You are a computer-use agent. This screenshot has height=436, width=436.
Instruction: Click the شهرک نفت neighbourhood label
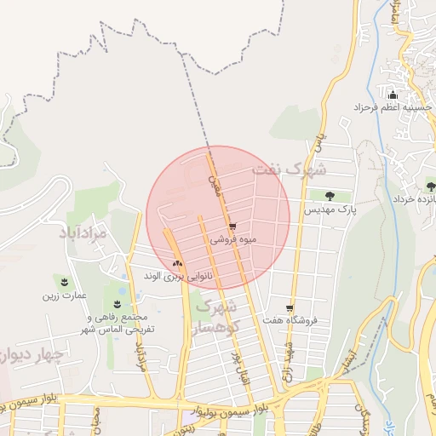click(290, 169)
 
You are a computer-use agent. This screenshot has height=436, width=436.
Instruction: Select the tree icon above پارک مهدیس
click(329, 195)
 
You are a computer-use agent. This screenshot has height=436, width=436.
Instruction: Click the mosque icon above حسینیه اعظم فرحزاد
click(392, 95)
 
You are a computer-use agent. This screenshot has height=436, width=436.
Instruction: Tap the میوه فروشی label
click(232, 240)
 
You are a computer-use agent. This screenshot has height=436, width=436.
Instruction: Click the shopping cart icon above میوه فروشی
click(232, 227)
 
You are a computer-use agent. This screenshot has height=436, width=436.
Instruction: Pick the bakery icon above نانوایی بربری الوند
click(177, 263)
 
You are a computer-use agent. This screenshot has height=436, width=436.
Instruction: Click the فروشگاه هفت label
click(291, 321)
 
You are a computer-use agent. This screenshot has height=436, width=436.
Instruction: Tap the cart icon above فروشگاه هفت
click(290, 307)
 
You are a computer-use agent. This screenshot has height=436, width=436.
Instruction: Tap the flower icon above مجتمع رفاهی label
click(117, 303)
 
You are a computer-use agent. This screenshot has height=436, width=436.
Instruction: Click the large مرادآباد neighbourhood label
click(83, 232)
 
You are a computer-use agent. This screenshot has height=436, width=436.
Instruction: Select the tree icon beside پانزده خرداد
click(430, 185)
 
